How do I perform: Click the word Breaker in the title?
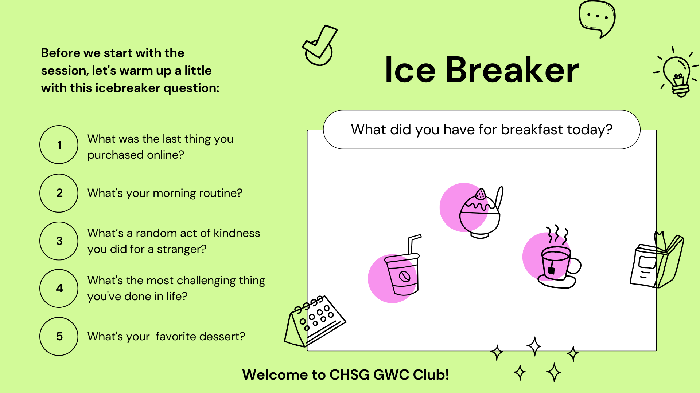coord(512,70)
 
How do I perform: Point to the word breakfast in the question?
coord(532,130)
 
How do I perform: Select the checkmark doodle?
coord(319,45)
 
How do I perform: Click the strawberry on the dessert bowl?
coord(481,194)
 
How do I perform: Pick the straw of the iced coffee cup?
coord(414,244)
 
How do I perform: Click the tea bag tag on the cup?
coord(551,270)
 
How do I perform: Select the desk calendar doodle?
coord(315,321)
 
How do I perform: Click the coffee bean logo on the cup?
coord(404,277)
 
